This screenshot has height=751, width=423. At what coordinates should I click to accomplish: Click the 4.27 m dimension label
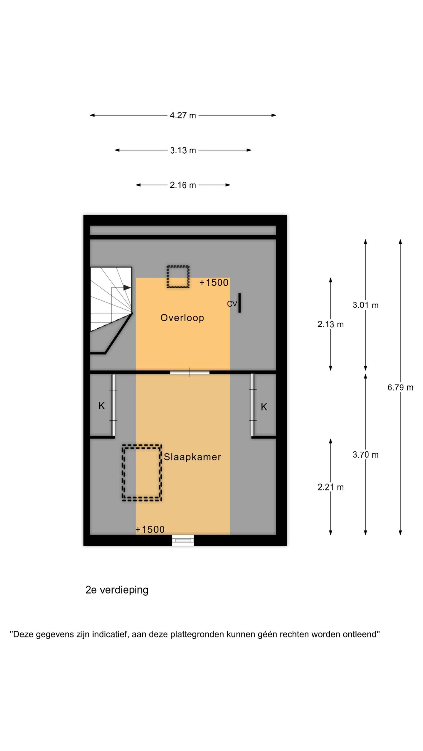(183, 115)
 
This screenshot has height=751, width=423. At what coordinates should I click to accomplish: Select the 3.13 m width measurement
(183, 150)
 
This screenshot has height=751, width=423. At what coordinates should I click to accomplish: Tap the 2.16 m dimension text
(183, 185)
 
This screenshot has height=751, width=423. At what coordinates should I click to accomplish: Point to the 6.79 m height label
(400, 388)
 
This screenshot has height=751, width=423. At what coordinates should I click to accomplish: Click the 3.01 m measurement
(365, 305)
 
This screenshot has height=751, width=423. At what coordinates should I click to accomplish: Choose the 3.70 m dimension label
(365, 455)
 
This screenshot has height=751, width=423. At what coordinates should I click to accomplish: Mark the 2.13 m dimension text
(330, 324)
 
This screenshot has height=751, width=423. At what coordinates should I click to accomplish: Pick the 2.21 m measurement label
(330, 487)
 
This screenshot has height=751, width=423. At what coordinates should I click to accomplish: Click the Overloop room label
(182, 318)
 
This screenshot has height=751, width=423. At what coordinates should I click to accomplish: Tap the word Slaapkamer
(192, 457)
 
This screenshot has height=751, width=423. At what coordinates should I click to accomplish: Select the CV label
(232, 304)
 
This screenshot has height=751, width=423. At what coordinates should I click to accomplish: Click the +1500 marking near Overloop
(214, 283)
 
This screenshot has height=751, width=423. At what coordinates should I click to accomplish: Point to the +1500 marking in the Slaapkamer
(150, 530)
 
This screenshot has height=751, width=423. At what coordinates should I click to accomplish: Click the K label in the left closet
(102, 406)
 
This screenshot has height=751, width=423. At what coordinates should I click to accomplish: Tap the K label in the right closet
(264, 407)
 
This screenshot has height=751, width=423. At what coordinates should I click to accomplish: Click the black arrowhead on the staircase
(127, 288)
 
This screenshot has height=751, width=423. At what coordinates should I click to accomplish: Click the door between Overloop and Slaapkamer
(190, 372)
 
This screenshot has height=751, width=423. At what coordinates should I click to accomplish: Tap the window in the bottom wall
(183, 540)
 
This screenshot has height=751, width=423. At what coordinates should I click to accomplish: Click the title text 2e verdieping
(117, 590)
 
